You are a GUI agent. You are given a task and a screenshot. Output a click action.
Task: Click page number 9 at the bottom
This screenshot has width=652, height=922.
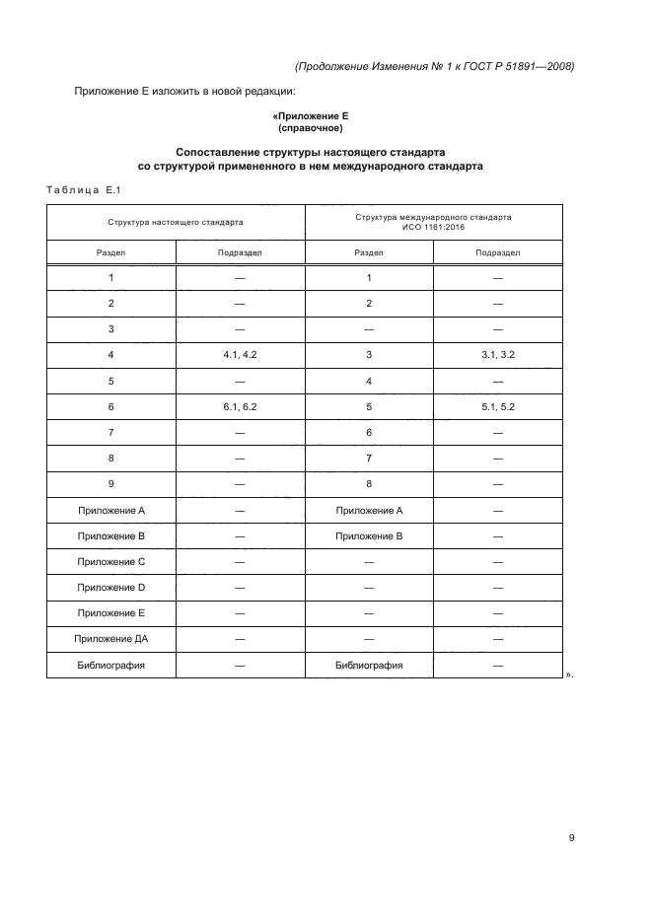tap(571, 838)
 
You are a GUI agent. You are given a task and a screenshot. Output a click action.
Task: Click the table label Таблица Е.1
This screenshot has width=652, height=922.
tap(83, 190)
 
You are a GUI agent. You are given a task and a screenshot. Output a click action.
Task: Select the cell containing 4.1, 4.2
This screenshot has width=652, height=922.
tap(240, 354)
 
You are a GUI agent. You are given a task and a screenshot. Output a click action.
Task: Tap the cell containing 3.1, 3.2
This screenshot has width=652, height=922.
tap(497, 354)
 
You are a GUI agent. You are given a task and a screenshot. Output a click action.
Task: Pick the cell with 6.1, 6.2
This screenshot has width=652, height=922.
tap(240, 405)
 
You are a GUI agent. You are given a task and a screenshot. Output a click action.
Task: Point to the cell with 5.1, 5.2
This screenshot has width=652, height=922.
tap(497, 405)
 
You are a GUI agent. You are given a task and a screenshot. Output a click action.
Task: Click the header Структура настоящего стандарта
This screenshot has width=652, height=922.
tap(176, 222)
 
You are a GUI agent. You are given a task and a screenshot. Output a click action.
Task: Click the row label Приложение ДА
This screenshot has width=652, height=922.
tap(111, 639)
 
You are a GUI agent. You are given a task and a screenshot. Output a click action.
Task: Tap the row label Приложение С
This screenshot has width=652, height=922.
tap(111, 561)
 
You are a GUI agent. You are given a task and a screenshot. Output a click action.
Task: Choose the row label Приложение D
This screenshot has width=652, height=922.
tap(111, 587)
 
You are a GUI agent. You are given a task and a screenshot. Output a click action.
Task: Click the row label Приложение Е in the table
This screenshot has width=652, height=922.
tap(111, 612)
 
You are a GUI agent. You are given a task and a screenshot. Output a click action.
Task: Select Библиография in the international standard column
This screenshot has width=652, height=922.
tap(369, 665)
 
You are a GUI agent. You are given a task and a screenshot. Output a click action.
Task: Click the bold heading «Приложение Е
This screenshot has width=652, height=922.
tap(311, 116)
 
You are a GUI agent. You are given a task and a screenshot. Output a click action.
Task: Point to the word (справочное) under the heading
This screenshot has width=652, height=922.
tap(311, 128)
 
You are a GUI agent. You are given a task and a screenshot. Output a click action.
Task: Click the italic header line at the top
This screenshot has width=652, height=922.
tap(434, 66)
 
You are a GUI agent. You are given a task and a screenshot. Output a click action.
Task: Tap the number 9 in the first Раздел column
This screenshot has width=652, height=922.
tap(111, 483)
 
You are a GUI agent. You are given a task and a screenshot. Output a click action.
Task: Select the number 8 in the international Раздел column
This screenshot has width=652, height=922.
tap(369, 483)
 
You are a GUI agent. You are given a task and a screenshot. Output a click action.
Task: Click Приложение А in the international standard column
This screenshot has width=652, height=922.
tap(369, 510)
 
